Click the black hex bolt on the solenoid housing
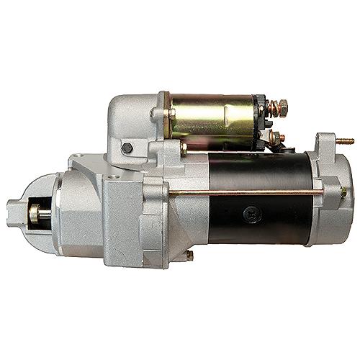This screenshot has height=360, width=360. tap(127, 148)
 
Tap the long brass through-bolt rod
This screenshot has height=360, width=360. tap(245, 192)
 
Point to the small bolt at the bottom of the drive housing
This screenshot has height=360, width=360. tap(189, 255)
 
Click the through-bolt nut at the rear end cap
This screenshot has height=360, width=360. tap(343, 192)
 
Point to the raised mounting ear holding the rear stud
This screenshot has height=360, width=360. tap(325, 144)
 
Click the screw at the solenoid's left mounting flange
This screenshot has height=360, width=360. tap(154, 113)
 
